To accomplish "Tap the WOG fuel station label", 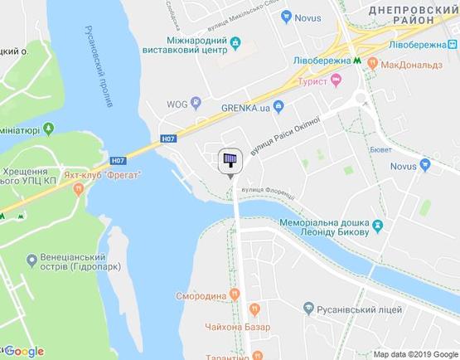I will tap(176, 103).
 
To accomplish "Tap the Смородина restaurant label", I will tap(200, 295).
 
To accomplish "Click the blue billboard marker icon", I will tap(230, 161).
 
